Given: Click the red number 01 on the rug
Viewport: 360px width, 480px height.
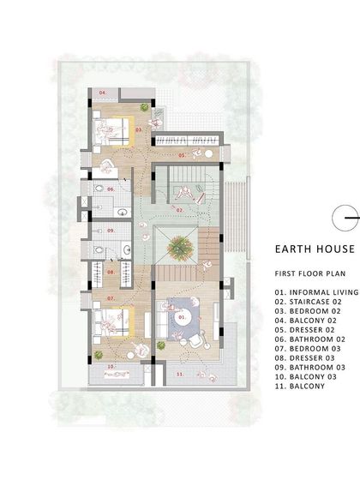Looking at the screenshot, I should (x=181, y=317).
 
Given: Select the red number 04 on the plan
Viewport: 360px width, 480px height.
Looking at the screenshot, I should (x=102, y=91).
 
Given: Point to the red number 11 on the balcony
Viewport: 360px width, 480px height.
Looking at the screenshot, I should (x=179, y=375).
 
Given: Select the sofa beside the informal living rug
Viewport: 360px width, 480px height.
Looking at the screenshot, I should (x=159, y=323).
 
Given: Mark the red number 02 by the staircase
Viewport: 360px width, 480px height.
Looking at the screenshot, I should (x=181, y=208).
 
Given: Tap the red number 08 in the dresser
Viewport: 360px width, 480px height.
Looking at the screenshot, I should (x=111, y=273).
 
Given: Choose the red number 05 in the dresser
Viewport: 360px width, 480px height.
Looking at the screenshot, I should (x=181, y=155).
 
